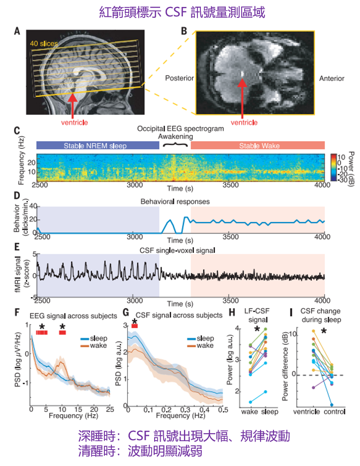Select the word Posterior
click(179, 78)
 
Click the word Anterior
click(331, 78)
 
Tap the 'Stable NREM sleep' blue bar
click(96, 146)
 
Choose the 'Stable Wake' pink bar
click(258, 146)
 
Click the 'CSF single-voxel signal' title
click(181, 250)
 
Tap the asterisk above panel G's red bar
click(134, 320)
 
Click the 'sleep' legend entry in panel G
click(202, 338)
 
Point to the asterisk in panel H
click(257, 329)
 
